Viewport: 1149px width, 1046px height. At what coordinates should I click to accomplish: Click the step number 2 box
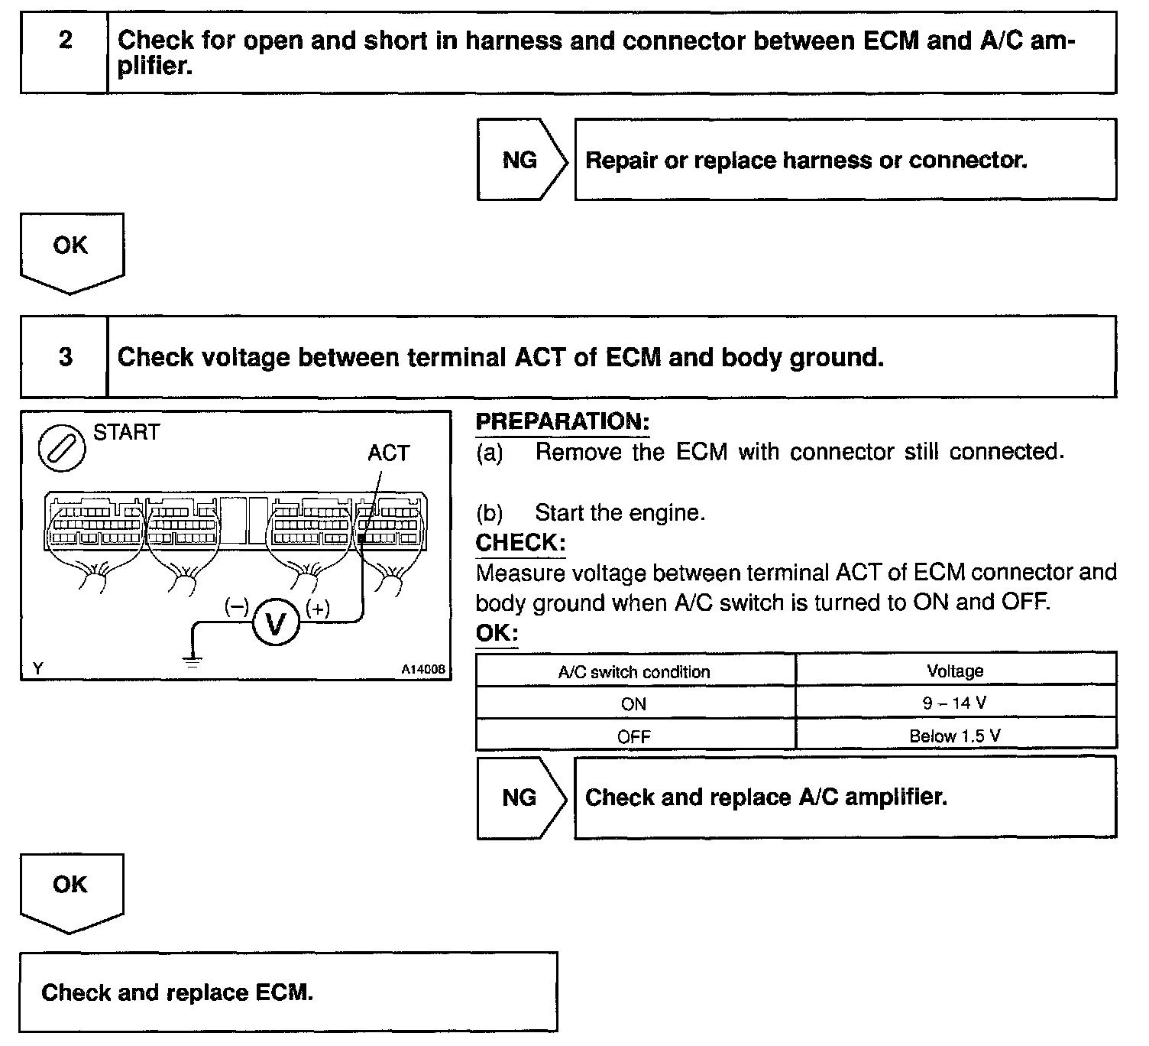(65, 52)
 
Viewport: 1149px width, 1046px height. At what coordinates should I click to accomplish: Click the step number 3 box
(65, 357)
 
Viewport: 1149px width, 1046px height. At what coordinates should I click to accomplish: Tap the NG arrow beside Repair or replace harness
(521, 160)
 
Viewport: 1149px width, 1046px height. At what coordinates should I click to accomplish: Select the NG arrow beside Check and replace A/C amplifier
(521, 797)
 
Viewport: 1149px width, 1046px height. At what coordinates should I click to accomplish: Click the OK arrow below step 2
(70, 251)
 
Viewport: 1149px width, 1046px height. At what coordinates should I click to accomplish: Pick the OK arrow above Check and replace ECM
(70, 890)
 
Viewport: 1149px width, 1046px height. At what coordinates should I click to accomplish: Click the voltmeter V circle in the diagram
(273, 624)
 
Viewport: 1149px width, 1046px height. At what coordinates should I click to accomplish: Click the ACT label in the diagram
(388, 453)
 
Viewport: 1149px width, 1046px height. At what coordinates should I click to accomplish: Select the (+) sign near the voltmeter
(317, 609)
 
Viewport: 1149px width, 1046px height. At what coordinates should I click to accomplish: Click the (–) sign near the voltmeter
(236, 608)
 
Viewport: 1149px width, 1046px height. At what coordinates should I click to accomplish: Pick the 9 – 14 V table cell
(955, 703)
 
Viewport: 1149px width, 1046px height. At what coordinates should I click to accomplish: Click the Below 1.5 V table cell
(955, 736)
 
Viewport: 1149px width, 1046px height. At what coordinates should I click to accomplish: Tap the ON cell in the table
(634, 704)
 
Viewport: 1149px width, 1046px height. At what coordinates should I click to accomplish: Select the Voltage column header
(955, 671)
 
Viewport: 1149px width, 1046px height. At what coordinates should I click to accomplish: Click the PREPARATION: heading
(562, 421)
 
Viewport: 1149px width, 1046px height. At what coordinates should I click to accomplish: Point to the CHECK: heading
(520, 543)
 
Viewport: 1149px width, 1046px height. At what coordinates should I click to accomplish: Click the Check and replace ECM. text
(177, 992)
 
